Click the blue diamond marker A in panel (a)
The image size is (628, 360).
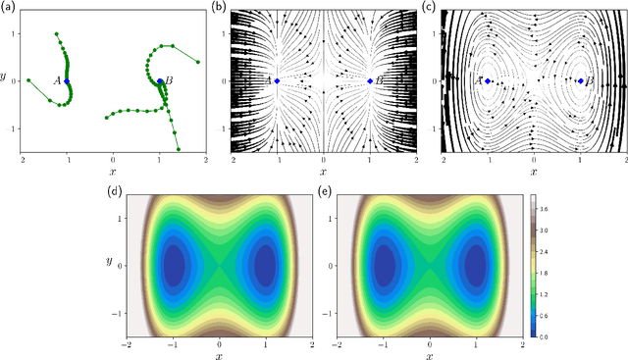pos(67,81)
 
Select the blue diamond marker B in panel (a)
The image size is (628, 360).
pos(160,81)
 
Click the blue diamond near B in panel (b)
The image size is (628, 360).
pos(370,81)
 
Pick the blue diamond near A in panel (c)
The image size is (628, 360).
pos(488,81)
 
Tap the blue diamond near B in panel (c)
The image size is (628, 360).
pos(581,81)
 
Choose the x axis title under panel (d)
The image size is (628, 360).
pos(219,353)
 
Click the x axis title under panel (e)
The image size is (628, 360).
pos(429,353)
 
